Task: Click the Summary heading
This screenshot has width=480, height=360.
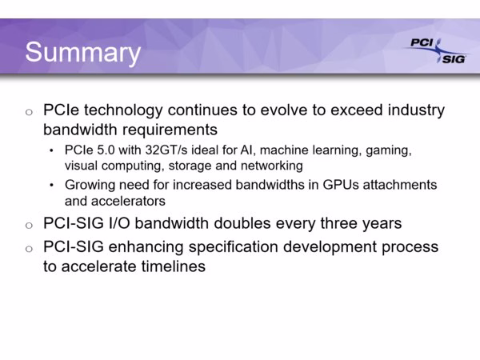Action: (x=83, y=53)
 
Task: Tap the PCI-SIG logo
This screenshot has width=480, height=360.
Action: (x=437, y=51)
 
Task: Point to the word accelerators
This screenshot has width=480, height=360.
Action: (x=128, y=201)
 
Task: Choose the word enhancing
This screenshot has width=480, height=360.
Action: (x=146, y=247)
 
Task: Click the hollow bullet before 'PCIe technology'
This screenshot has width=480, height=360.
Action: (x=29, y=112)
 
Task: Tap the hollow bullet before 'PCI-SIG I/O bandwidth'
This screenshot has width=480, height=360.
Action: (x=29, y=226)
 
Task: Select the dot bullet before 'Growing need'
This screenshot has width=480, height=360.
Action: (x=51, y=186)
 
